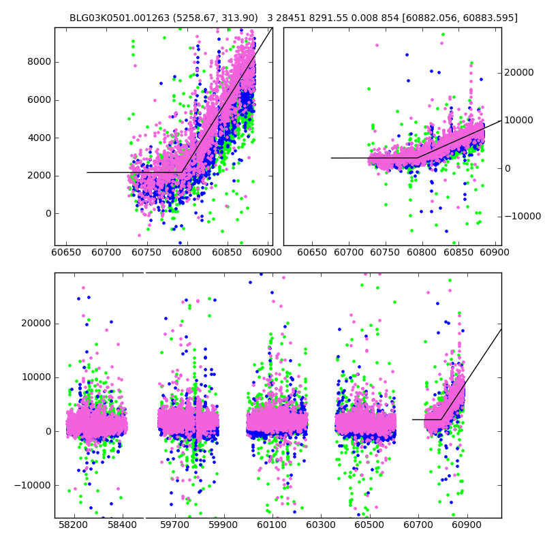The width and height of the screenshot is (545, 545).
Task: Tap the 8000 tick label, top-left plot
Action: [x=40, y=62]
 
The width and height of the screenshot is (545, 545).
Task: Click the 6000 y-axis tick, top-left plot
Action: [x=40, y=100]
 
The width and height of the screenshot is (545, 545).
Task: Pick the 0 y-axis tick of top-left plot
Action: [x=47, y=213]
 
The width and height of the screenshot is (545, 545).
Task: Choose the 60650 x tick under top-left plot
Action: [x=66, y=252]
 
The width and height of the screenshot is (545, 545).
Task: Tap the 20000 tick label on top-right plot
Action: [x=518, y=73]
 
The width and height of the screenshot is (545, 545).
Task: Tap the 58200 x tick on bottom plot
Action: [x=73, y=525]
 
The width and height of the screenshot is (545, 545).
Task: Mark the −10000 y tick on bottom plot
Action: [x=34, y=486]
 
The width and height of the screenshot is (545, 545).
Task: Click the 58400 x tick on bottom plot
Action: [x=122, y=525]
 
